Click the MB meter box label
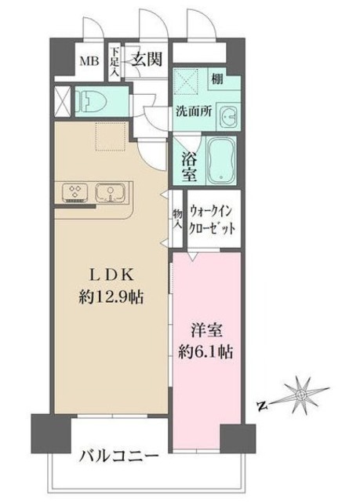pos(89,61)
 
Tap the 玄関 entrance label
pos(147,59)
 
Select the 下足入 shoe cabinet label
pos(115,62)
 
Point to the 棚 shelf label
pos(217,78)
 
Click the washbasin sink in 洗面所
pos(228,116)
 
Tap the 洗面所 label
pos(194,111)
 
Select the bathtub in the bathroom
pos(222,160)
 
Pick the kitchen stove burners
pos(76,192)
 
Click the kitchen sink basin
pos(110,192)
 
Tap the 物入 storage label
pos(177,219)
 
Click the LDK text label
pos(111,275)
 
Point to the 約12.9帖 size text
pos(111,298)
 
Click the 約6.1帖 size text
pos(205,352)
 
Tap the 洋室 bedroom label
pos(206,331)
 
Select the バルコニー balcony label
pos(119,455)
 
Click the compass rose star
pos(301,394)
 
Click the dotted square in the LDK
pos(111,136)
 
